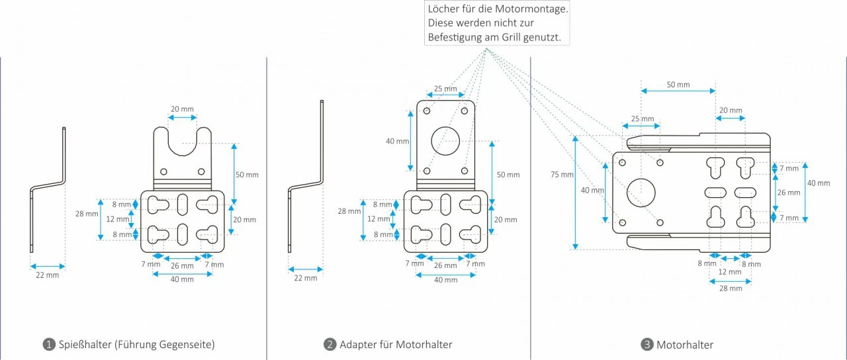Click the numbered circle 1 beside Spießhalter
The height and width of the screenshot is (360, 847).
pyautogui.click(x=48, y=345)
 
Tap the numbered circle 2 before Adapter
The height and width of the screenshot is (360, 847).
pyautogui.click(x=330, y=345)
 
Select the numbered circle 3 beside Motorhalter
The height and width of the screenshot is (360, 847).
pyautogui.click(x=647, y=345)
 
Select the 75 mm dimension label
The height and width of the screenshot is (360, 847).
pyautogui.click(x=562, y=175)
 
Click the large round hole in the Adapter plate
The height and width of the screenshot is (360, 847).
pyautogui.click(x=446, y=140)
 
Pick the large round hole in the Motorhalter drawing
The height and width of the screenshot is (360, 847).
pyautogui.click(x=640, y=192)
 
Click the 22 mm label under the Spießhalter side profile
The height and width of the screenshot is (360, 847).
pyautogui.click(x=48, y=275)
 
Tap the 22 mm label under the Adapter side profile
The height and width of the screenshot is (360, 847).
pyautogui.click(x=306, y=278)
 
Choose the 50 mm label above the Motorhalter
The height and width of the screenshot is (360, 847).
pyautogui.click(x=678, y=85)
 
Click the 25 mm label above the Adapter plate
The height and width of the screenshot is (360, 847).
pyautogui.click(x=445, y=89)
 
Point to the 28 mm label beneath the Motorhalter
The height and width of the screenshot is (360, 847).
pyautogui.click(x=731, y=289)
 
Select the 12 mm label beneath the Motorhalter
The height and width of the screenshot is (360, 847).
pyautogui.click(x=730, y=272)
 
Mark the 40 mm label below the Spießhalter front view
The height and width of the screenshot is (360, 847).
pyautogui.click(x=182, y=279)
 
